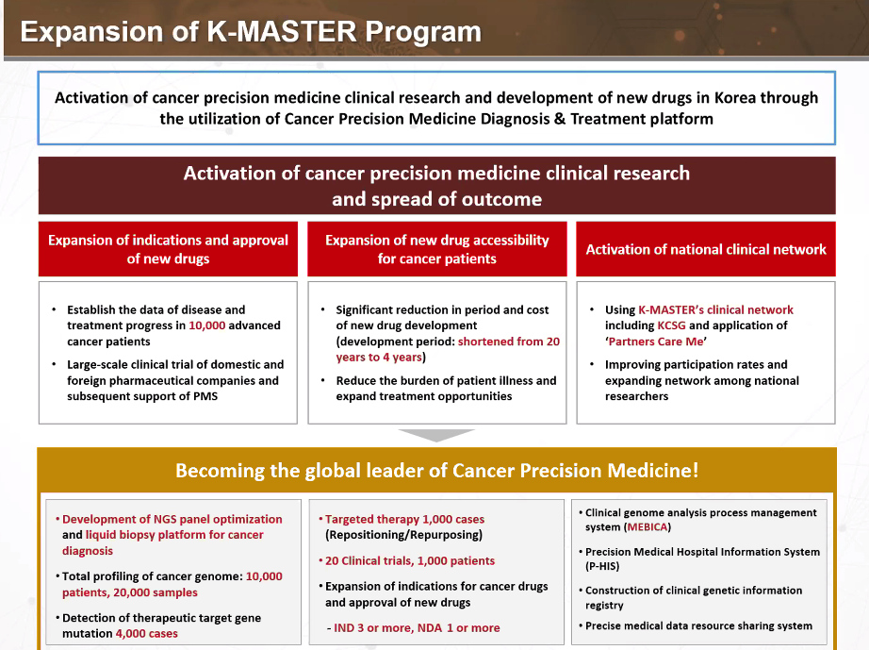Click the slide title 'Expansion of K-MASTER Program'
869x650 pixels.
251,32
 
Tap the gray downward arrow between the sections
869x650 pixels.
435,435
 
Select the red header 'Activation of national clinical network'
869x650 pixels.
706,249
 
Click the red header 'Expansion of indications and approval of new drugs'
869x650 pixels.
168,249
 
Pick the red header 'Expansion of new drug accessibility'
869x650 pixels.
436,241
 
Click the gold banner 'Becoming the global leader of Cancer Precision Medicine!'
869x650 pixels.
436,471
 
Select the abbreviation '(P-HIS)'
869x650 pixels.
604,567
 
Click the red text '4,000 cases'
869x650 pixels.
146,634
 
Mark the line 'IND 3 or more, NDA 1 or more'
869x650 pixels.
417,627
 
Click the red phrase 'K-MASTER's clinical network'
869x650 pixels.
715,309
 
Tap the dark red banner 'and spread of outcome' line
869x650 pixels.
436,199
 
